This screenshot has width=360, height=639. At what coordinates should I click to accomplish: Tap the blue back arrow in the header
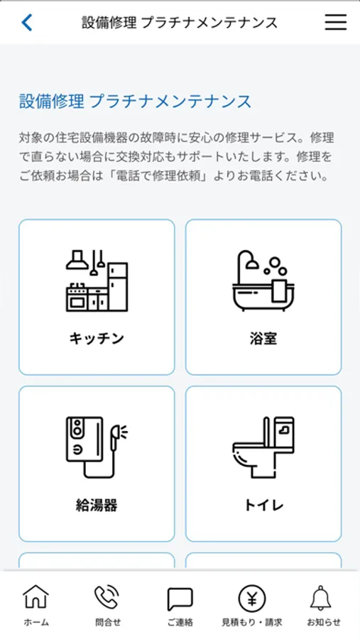pyautogui.click(x=26, y=23)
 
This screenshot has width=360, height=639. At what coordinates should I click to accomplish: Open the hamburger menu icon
pyautogui.click(x=336, y=23)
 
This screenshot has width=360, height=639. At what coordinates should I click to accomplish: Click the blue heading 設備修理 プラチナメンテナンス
pyautogui.click(x=135, y=102)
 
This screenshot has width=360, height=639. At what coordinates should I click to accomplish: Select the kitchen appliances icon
pyautogui.click(x=97, y=281)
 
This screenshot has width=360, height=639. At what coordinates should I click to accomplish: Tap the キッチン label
pyautogui.click(x=97, y=338)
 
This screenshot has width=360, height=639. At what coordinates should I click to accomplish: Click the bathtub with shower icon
pyautogui.click(x=263, y=281)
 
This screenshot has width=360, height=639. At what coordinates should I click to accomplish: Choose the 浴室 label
pyautogui.click(x=263, y=338)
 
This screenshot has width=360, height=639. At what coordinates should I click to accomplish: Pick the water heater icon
pyautogui.click(x=97, y=447)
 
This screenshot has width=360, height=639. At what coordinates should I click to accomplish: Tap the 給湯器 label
pyautogui.click(x=97, y=506)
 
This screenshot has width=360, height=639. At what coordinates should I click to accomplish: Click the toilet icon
pyautogui.click(x=263, y=447)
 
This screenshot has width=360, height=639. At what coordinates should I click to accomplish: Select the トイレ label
pyautogui.click(x=263, y=506)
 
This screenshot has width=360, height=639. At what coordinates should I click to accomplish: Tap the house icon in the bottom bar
pyautogui.click(x=36, y=597)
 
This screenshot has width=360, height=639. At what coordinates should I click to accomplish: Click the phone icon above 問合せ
pyautogui.click(x=107, y=598)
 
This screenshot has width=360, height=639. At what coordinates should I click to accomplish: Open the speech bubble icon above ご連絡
pyautogui.click(x=180, y=599)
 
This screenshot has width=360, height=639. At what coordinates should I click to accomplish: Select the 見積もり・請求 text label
pyautogui.click(x=252, y=622)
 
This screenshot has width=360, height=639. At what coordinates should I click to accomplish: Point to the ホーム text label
pyautogui.click(x=36, y=622)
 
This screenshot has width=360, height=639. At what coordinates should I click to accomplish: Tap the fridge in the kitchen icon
pyautogui.click(x=119, y=287)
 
